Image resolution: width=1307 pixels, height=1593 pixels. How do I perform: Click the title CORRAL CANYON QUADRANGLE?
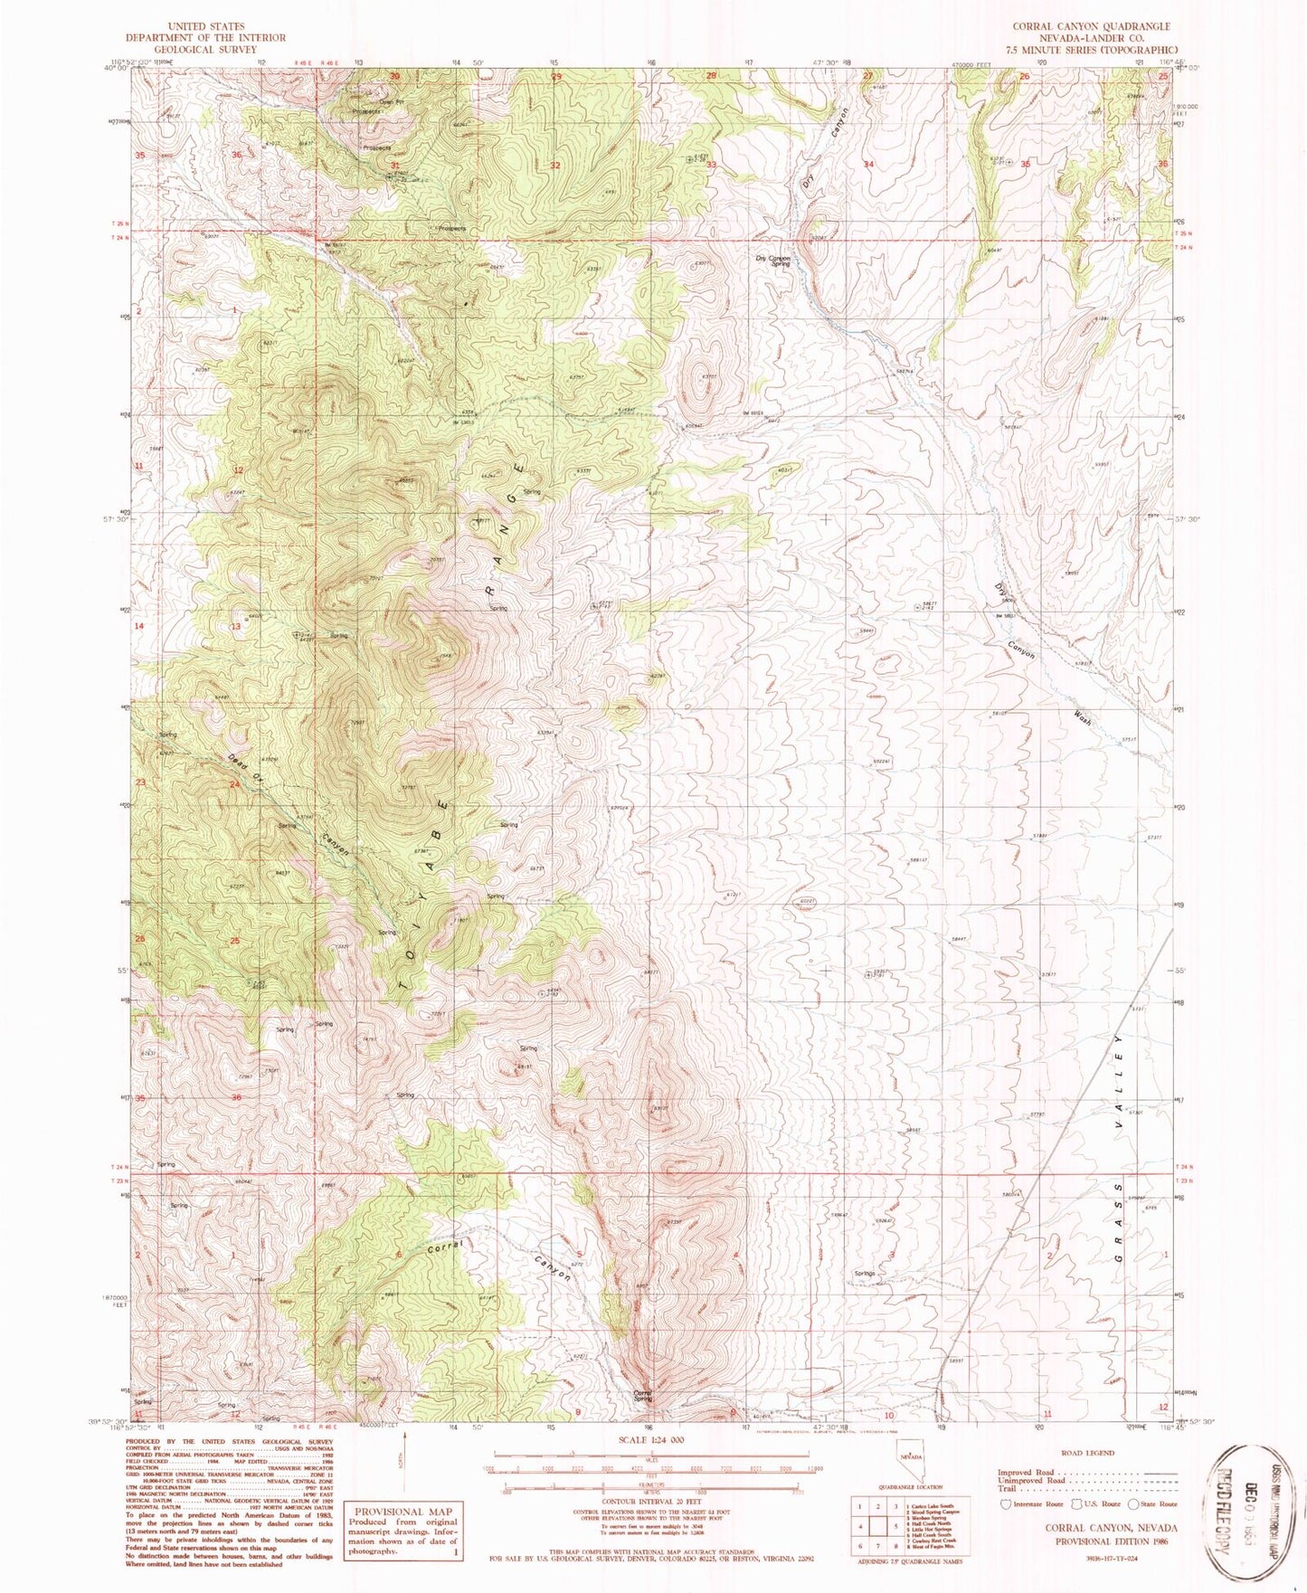pos(1091,27)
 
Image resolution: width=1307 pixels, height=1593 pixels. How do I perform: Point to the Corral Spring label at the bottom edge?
pos(642,1396)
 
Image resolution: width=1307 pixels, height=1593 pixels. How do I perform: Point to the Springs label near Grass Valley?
pos(864,1274)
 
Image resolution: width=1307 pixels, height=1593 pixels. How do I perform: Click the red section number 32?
pos(554,166)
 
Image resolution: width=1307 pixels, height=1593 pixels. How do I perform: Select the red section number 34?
pos(868,165)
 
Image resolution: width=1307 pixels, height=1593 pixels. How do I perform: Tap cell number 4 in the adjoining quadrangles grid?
pos(861,1550)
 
